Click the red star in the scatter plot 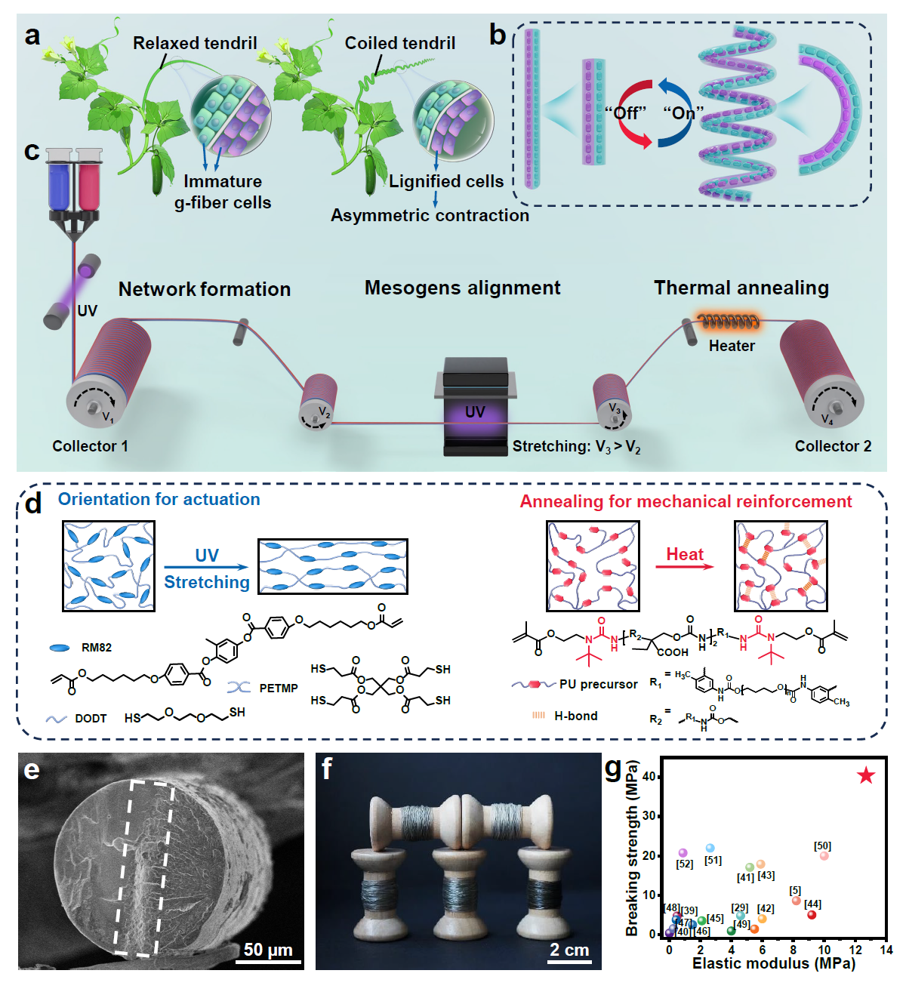pyautogui.click(x=866, y=775)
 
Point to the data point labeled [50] pyautogui.click(x=824, y=856)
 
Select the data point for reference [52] pyautogui.click(x=683, y=853)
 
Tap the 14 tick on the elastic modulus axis pyautogui.click(x=886, y=950)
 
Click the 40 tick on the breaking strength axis pyautogui.click(x=649, y=777)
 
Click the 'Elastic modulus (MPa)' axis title pyautogui.click(x=773, y=964)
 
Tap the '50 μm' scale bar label pyautogui.click(x=268, y=950)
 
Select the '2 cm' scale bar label pyautogui.click(x=569, y=950)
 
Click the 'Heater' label pyautogui.click(x=732, y=346)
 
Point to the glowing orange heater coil pyautogui.click(x=728, y=322)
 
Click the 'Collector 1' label pyautogui.click(x=90, y=446)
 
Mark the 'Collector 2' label pyautogui.click(x=833, y=446)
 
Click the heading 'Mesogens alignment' pyautogui.click(x=462, y=288)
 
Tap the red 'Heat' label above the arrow pyautogui.click(x=684, y=554)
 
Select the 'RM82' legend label pyautogui.click(x=97, y=648)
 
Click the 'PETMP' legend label pyautogui.click(x=278, y=688)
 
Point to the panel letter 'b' pyautogui.click(x=498, y=35)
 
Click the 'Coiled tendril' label pyautogui.click(x=399, y=44)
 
